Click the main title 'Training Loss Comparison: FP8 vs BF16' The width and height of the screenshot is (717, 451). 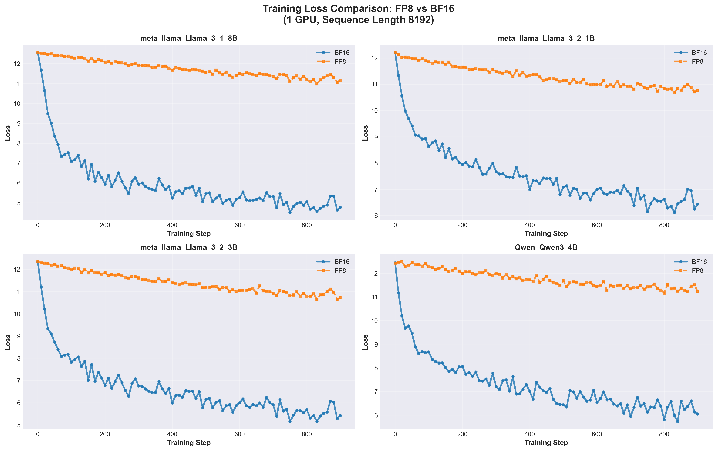point(358,9)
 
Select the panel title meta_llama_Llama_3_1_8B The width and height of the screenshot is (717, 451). point(189,39)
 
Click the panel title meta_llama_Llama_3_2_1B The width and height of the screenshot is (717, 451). point(546,39)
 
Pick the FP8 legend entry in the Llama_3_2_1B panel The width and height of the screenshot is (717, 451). point(697,62)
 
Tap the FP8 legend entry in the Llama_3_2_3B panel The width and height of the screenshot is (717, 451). point(340,271)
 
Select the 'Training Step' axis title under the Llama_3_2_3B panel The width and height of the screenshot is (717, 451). point(189,443)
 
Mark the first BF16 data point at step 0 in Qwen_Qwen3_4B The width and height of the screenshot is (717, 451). point(395,263)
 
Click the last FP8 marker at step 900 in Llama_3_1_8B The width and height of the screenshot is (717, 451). point(340,80)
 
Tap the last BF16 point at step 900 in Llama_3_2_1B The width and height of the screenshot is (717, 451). point(697,204)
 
